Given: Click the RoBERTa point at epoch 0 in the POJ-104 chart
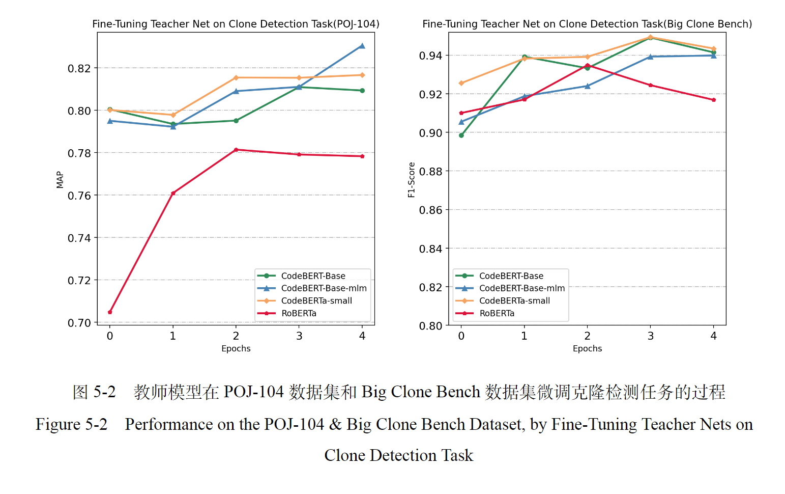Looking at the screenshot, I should pyautogui.click(x=110, y=312).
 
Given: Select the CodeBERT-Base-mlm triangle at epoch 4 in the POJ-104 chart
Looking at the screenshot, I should pyautogui.click(x=362, y=46).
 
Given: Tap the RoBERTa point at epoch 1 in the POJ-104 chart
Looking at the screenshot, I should pyautogui.click(x=173, y=193).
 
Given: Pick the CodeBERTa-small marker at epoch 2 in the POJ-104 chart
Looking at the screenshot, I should pyautogui.click(x=236, y=78).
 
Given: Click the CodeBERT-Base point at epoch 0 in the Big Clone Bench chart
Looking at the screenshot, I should pyautogui.click(x=461, y=135).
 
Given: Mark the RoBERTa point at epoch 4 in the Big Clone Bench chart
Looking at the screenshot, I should pyautogui.click(x=714, y=100).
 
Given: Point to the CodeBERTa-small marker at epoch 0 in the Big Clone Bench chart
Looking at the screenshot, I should pyautogui.click(x=461, y=83).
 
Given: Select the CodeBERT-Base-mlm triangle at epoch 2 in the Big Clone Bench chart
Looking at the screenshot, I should pyautogui.click(x=588, y=86).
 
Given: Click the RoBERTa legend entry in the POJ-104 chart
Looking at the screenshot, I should pyautogui.click(x=299, y=313).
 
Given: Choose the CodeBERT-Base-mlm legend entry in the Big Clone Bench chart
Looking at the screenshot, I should pyautogui.click(x=521, y=288).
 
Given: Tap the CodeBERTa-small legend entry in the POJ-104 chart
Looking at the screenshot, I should pyautogui.click(x=316, y=300).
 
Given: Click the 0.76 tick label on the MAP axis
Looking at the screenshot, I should pyautogui.click(x=79, y=196).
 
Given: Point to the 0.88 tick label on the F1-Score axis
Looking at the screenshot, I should pyautogui.click(x=430, y=172).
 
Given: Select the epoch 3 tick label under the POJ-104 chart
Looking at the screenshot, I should pyautogui.click(x=299, y=336).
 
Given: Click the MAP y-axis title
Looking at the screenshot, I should pyautogui.click(x=60, y=179).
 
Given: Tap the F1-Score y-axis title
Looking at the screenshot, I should pyautogui.click(x=412, y=179).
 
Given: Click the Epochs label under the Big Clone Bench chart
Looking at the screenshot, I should pyautogui.click(x=587, y=348).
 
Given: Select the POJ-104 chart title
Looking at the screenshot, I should pyautogui.click(x=236, y=24).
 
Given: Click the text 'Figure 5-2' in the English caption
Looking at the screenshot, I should pyautogui.click(x=71, y=424).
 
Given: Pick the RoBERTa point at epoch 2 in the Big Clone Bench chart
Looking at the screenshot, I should pyautogui.click(x=588, y=65).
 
